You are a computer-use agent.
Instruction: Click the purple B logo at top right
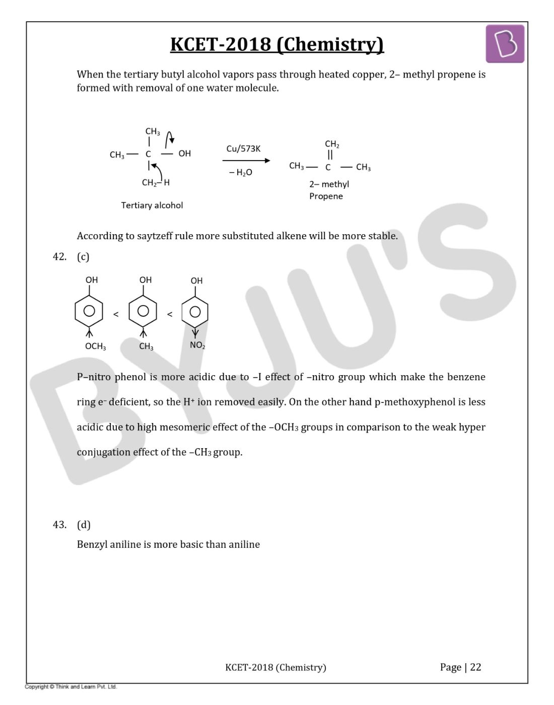[x=505, y=44]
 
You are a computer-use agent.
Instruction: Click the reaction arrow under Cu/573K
[x=246, y=161]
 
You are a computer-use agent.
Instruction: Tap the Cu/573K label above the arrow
[x=243, y=149]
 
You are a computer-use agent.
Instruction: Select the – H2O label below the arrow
[x=241, y=172]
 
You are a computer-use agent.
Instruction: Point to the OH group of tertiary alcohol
[x=184, y=154]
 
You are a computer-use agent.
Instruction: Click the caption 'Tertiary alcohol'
[x=152, y=205]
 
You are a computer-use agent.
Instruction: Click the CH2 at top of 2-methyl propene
[x=332, y=145]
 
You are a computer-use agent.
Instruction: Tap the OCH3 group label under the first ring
[x=95, y=346]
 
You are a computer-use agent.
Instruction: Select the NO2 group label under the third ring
[x=197, y=345]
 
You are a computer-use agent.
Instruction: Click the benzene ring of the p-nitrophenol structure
[x=195, y=312]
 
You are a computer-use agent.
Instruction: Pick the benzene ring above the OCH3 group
[x=89, y=311]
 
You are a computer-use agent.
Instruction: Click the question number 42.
[x=59, y=257]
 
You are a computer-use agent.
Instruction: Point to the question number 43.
[x=59, y=525]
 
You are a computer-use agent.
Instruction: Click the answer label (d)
[x=84, y=525]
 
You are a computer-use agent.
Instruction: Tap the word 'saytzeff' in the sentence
[x=154, y=236]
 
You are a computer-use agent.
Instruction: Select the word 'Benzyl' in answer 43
[x=92, y=545]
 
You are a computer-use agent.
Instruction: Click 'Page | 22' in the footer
[x=460, y=667]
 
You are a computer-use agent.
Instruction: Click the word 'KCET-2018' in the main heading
[x=221, y=44]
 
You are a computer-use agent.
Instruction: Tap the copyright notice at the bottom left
[x=71, y=687]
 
